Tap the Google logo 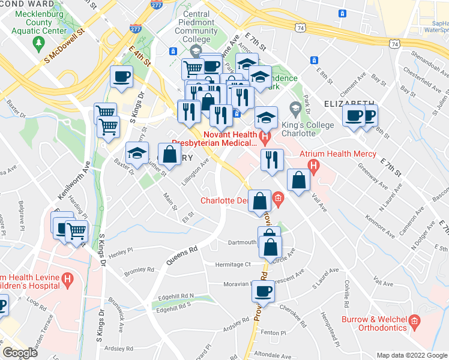pyautogui.click(x=20, y=353)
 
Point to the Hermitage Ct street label pyautogui.click(x=234, y=264)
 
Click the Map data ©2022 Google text pyautogui.click(x=411, y=355)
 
